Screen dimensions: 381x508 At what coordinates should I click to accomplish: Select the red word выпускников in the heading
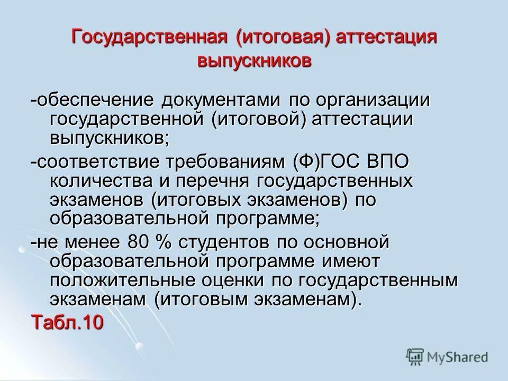tap(254, 61)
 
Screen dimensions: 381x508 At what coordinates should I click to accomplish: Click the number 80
tap(139, 243)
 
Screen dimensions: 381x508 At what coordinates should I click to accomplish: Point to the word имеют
tap(344, 262)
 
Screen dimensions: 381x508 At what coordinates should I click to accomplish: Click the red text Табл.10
tap(67, 322)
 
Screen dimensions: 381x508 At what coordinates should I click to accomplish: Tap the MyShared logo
tap(447, 357)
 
